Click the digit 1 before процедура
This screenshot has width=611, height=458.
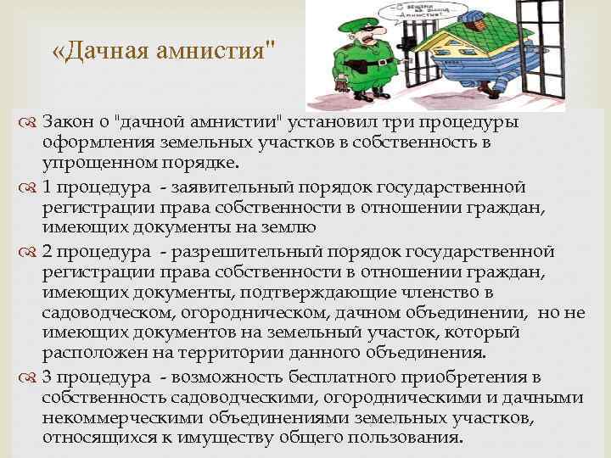coord(47,186)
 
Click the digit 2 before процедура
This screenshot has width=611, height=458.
coord(48,251)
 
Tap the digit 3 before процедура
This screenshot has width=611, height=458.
coord(47,377)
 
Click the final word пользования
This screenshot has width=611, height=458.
coord(405,438)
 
